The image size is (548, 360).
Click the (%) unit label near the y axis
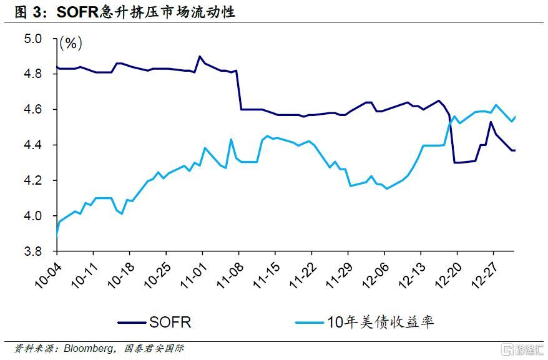click(71, 44)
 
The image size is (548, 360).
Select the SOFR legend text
click(170, 322)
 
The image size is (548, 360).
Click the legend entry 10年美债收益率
click(380, 322)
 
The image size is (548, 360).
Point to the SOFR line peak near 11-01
click(200, 56)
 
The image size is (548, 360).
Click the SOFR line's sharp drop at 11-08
click(239, 90)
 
